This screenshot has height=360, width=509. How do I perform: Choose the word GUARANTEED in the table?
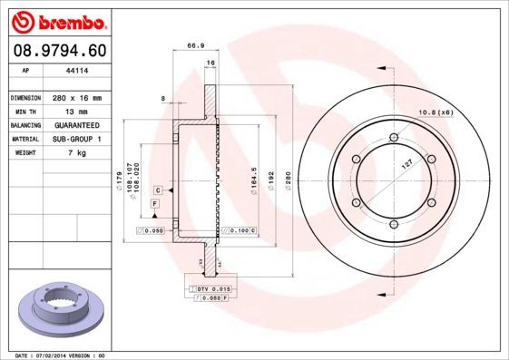tap(75, 124)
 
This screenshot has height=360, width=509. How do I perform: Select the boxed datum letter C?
tap(158, 190)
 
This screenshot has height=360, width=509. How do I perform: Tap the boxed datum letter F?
tap(155, 207)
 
